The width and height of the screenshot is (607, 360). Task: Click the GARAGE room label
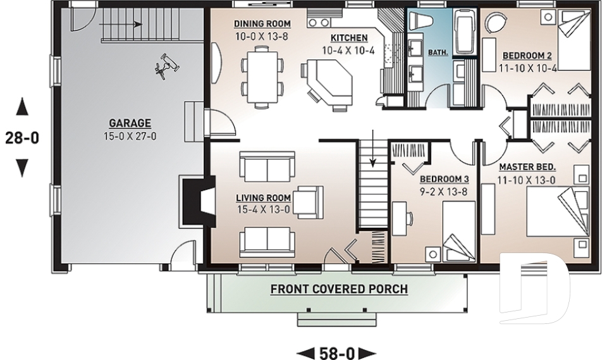(130, 123)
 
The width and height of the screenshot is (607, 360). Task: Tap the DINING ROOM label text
(262, 24)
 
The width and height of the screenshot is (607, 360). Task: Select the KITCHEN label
(349, 38)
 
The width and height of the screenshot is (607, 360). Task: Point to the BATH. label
(438, 52)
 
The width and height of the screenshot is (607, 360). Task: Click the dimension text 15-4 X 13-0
(263, 209)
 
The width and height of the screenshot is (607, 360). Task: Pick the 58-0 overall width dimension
(337, 353)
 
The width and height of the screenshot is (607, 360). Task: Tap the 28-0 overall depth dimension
(22, 137)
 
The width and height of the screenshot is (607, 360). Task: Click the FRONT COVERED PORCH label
(339, 289)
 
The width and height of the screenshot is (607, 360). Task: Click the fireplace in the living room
(198, 201)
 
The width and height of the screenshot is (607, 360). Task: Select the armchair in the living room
(308, 202)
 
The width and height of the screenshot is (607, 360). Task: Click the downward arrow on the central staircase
(373, 149)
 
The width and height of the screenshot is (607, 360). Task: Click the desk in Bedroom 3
(400, 218)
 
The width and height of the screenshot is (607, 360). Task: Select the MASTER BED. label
(527, 167)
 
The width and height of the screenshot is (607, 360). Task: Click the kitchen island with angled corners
(329, 84)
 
